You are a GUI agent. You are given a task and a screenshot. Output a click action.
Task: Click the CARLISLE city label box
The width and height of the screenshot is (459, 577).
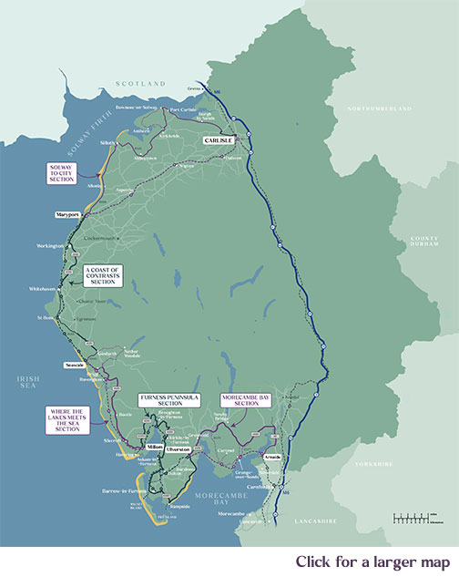tap(219, 139)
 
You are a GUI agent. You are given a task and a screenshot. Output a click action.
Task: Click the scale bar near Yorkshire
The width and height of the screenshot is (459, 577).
tap(414, 518)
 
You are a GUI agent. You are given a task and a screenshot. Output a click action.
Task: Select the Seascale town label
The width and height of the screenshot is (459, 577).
tap(75, 364)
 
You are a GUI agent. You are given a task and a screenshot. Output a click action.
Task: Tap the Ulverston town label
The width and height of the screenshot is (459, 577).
tap(178, 450)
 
